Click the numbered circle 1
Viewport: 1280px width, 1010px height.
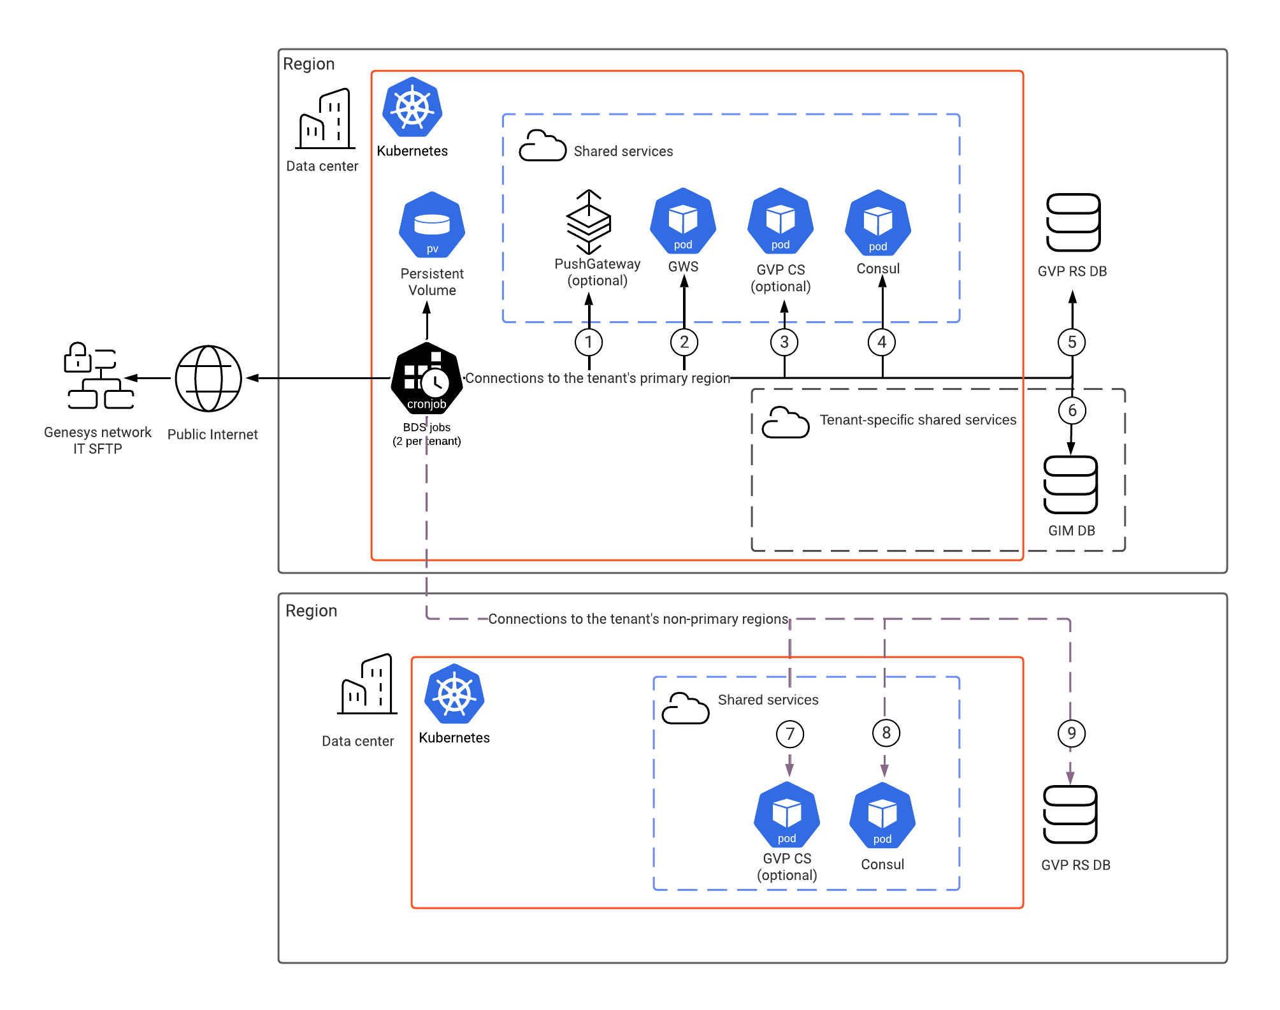589,342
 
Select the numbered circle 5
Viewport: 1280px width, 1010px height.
1072,342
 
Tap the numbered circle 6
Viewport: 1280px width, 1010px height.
1072,410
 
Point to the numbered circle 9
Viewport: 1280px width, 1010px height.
1071,733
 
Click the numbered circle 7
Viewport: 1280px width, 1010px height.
790,733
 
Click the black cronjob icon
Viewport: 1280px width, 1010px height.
427,377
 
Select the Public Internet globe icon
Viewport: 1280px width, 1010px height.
208,379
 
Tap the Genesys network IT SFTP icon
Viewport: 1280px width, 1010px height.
99,375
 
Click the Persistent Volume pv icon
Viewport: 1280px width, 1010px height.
432,224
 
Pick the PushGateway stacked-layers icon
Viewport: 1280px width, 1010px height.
589,221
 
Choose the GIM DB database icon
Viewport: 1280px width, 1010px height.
1070,485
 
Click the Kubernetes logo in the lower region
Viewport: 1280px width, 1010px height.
454,694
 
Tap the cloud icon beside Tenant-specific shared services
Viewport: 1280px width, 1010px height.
786,422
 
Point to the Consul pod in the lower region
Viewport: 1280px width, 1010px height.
882,815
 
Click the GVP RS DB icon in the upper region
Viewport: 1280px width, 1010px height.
1074,222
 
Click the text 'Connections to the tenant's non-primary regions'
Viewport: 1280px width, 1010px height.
638,619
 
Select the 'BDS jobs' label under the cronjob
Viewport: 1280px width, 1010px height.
426,427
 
